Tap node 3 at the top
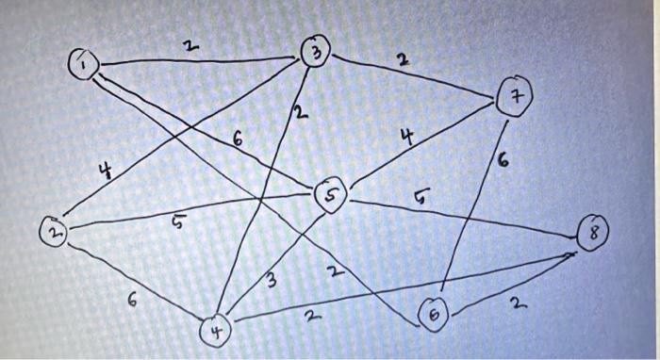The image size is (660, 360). [x=315, y=52]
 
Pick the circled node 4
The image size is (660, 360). [x=215, y=332]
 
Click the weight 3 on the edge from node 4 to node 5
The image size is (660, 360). [x=272, y=280]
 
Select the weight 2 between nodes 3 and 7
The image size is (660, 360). [x=403, y=61]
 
